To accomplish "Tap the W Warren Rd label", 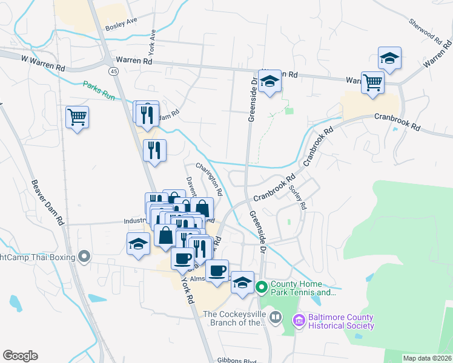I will click(42, 60).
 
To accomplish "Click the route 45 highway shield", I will click(113, 71).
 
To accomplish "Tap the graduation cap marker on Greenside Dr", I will click(269, 82).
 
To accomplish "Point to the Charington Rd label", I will click(209, 178).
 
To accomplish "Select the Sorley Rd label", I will click(299, 197).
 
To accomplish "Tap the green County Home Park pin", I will click(262, 287).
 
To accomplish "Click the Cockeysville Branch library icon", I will click(275, 317).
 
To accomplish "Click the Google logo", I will click(20, 356).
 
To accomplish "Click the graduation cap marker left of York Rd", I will click(138, 244).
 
